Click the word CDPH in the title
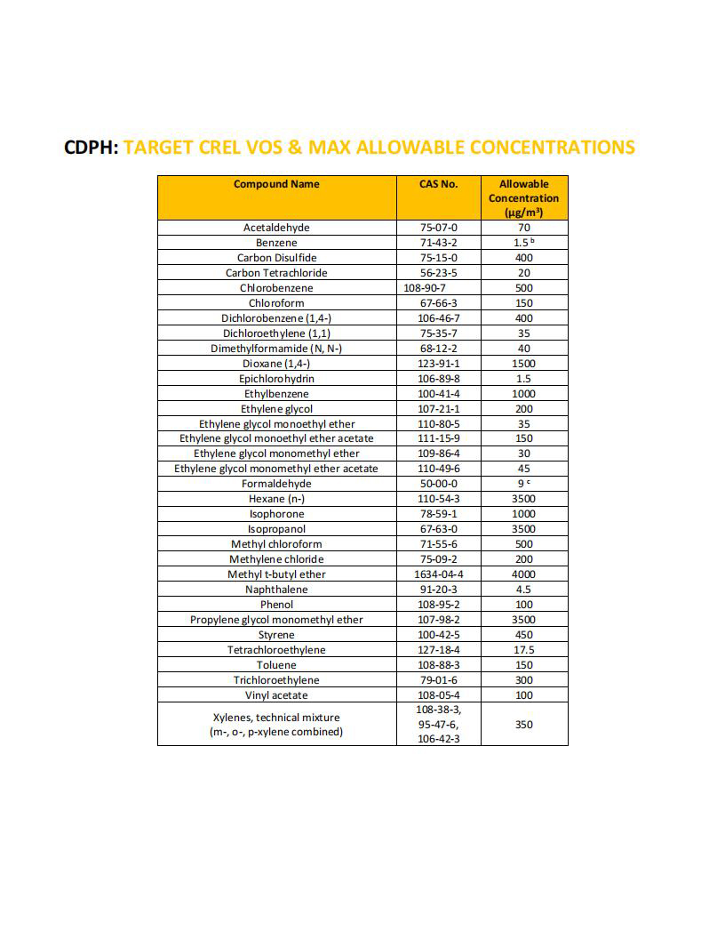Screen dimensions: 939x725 (90, 147)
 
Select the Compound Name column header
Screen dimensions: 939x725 (276, 184)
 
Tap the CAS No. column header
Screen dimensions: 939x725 (438, 184)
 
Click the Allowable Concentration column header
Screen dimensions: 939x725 (523, 197)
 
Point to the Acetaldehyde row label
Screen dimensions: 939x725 (276, 228)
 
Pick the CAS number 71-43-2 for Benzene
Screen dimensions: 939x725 (438, 243)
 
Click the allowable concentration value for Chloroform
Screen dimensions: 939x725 (523, 303)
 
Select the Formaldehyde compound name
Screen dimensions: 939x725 (276, 484)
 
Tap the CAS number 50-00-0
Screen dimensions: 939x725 (438, 484)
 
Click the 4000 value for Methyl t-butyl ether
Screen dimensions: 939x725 (523, 574)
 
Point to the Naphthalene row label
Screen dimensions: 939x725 (276, 590)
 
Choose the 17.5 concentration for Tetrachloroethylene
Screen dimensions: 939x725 (523, 650)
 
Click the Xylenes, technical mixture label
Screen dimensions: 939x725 (276, 717)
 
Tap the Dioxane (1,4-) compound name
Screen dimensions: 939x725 (276, 364)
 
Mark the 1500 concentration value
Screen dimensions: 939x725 (523, 364)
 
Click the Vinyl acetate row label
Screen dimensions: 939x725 (276, 695)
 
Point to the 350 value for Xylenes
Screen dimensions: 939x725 (523, 725)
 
